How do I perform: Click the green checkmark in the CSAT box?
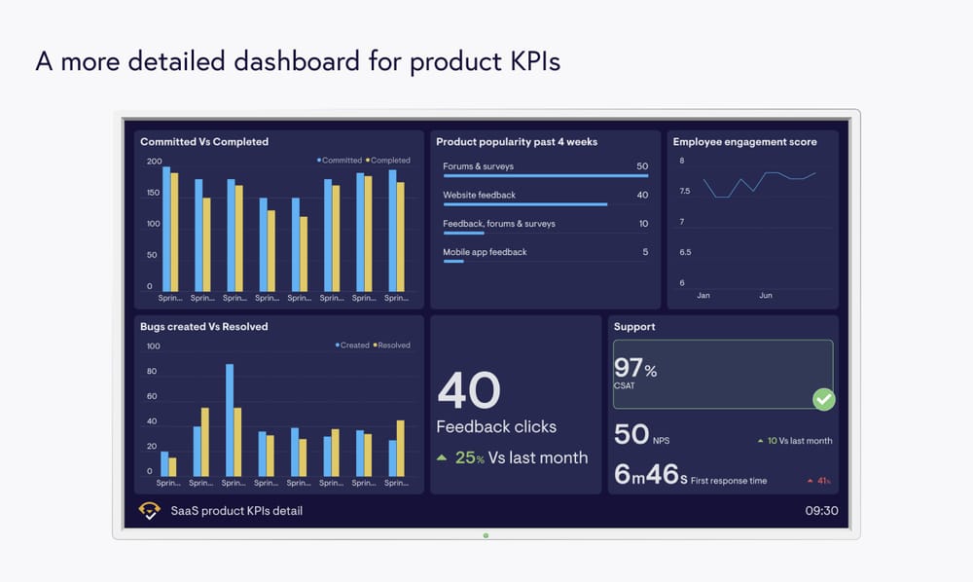[x=823, y=399]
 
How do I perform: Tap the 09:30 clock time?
[x=821, y=510]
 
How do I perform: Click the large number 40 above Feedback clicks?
[x=469, y=390]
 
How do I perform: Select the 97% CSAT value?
[x=634, y=368]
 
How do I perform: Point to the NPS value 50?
[x=631, y=434]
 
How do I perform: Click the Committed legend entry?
[x=340, y=161]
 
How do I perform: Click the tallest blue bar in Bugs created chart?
[x=230, y=418]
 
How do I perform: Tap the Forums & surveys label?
[x=478, y=166]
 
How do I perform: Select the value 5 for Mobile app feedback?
[x=645, y=252]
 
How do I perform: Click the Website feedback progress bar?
[x=524, y=204]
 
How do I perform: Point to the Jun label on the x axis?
[x=766, y=295]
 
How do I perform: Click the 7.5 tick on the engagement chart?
[x=685, y=192]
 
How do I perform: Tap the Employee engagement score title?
[x=744, y=142]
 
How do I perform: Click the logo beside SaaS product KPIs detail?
[x=150, y=510]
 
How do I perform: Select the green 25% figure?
[x=469, y=457]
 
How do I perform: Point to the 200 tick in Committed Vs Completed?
[x=154, y=162]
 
